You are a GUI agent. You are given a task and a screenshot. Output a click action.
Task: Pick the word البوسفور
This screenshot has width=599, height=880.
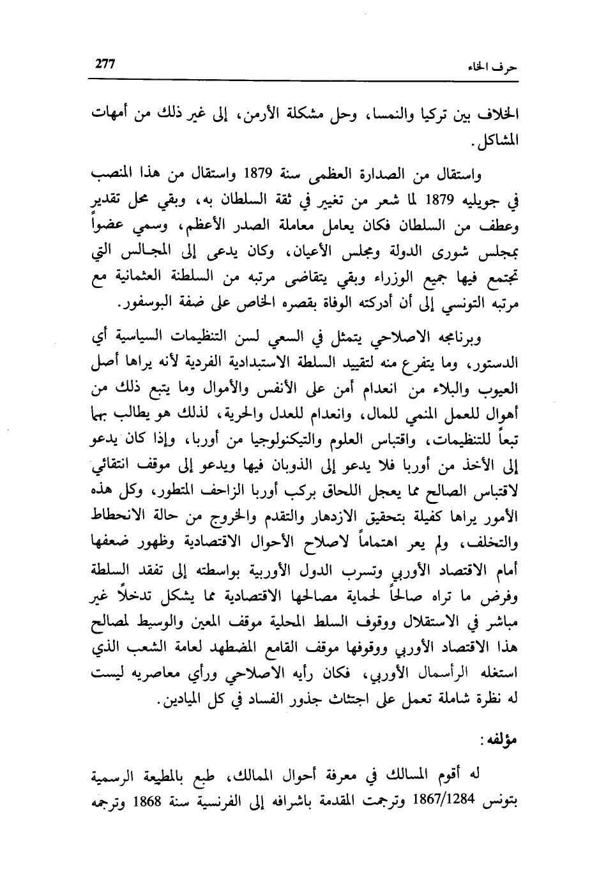tap(153, 304)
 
